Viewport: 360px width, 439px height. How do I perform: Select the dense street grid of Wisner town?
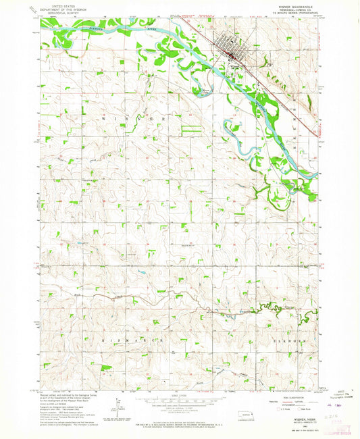point(230,51)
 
